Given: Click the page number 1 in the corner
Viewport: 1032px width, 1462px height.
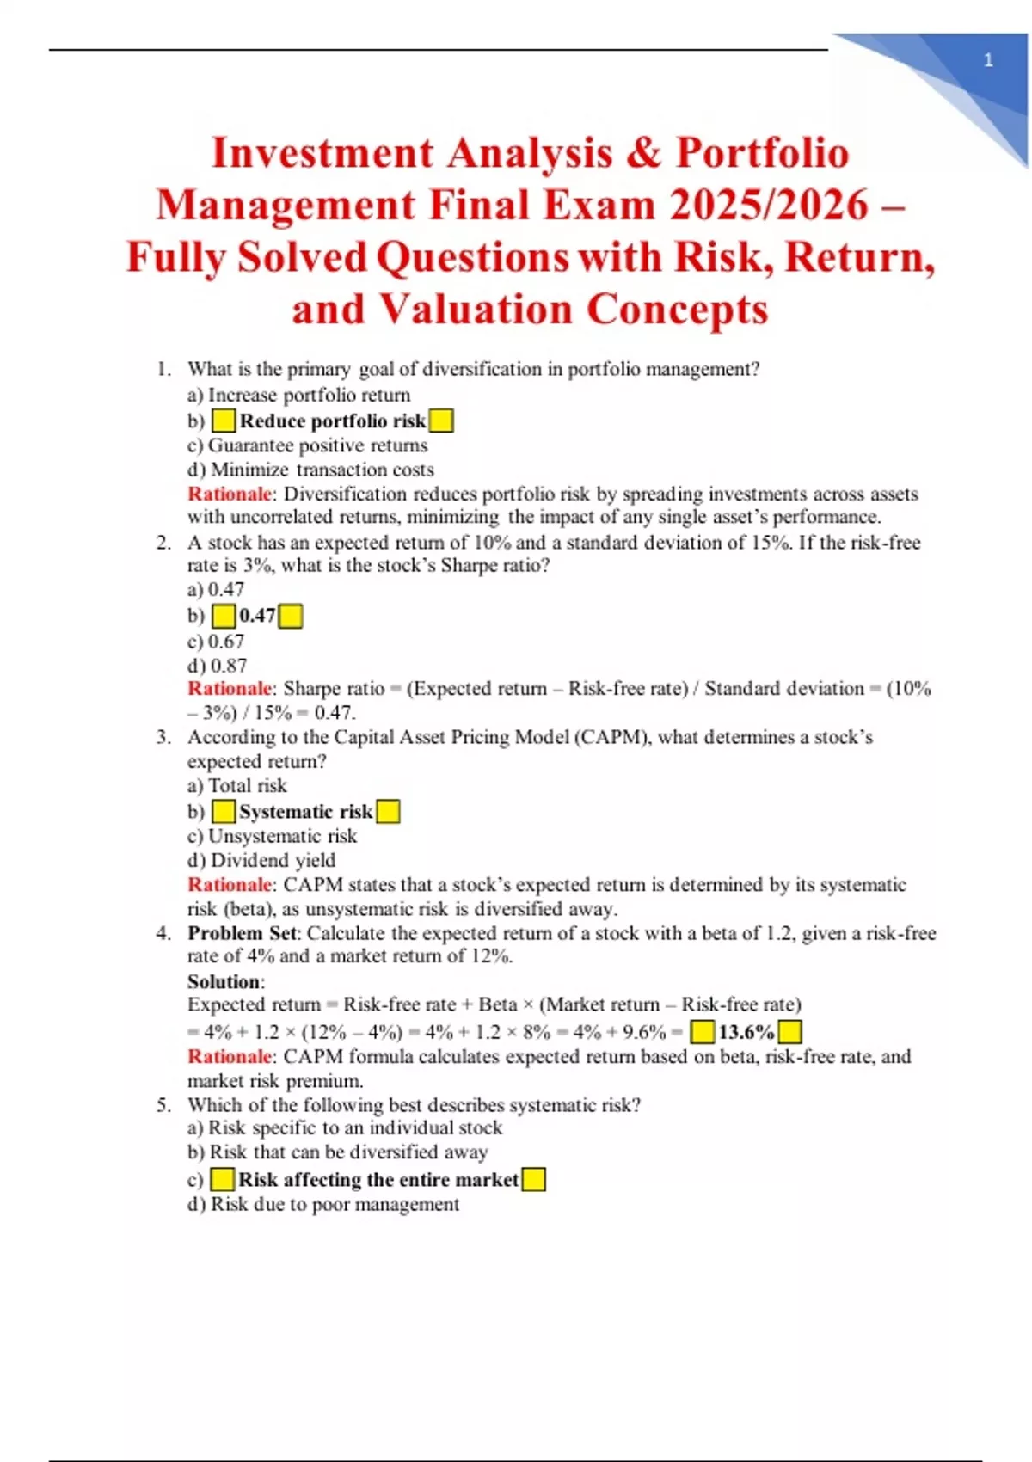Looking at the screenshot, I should click(x=988, y=60).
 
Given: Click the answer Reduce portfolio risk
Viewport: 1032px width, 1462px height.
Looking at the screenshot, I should click(x=332, y=421).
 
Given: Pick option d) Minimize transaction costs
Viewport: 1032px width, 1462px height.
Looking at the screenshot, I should click(x=310, y=470).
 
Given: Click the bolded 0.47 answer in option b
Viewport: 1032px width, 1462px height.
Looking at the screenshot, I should click(x=257, y=616).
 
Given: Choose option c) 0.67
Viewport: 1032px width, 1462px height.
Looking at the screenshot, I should click(x=216, y=642).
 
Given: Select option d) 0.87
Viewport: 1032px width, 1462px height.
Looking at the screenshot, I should click(x=217, y=666).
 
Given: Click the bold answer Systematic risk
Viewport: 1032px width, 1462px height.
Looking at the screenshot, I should click(x=305, y=812).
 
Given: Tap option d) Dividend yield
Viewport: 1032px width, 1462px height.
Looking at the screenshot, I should click(x=261, y=860).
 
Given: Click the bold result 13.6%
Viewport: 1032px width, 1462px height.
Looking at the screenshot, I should click(x=746, y=1032).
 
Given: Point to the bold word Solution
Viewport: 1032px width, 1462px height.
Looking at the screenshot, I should click(x=224, y=982).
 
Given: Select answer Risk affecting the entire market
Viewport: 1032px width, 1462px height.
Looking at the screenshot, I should click(x=378, y=1180).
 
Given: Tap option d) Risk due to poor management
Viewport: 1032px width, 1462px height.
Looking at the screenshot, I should click(x=322, y=1204).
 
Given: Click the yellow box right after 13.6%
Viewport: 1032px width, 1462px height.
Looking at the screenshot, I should click(x=789, y=1032).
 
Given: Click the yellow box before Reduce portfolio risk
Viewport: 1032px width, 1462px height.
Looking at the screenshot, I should click(x=224, y=421).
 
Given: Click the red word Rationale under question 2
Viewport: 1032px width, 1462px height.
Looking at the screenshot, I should click(x=230, y=689).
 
